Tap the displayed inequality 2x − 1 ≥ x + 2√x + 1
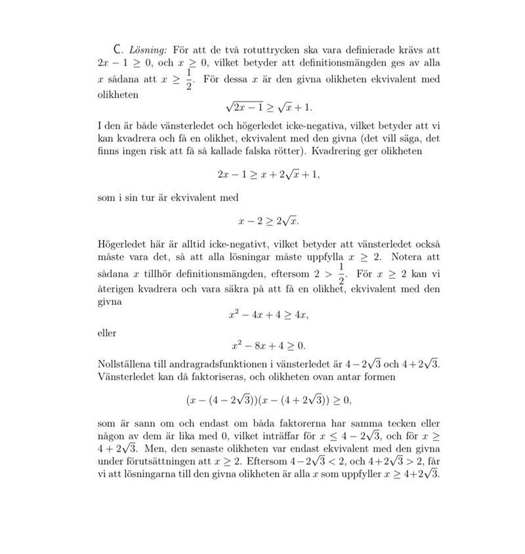tap(268, 175)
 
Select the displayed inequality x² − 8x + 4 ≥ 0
tap(268, 345)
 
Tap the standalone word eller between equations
tap(106, 333)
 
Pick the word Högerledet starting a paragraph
tap(123, 244)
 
